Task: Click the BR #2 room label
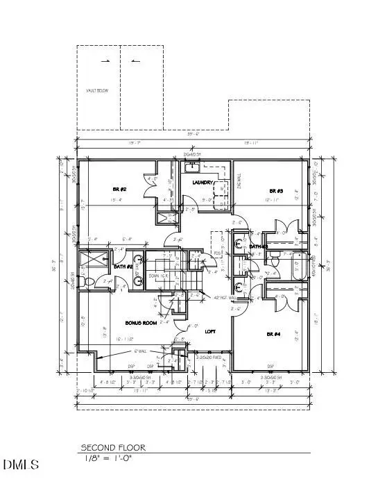pyautogui.click(x=119, y=189)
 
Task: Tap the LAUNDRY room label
pyautogui.click(x=205, y=183)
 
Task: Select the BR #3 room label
pyautogui.click(x=277, y=190)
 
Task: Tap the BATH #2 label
pyautogui.click(x=123, y=267)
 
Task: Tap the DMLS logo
pyautogui.click(x=20, y=464)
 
